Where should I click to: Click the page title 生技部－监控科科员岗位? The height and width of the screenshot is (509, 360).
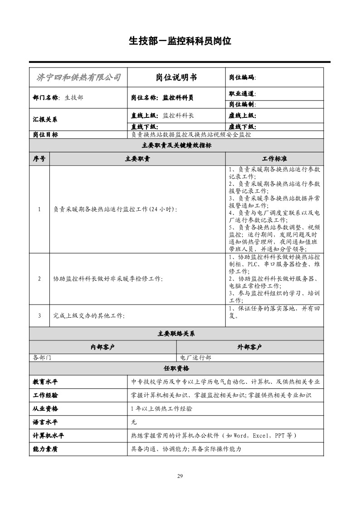(180, 41)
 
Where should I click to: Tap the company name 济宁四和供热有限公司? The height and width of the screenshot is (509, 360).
(78, 78)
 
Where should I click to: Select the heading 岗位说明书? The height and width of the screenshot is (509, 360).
(176, 78)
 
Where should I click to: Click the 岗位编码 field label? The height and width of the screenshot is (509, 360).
(242, 78)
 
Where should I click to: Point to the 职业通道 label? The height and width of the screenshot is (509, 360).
(242, 94)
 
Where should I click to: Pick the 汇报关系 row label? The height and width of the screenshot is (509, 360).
(45, 120)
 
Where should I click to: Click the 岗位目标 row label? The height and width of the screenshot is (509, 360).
(45, 135)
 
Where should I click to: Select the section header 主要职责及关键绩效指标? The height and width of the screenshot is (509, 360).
(176, 145)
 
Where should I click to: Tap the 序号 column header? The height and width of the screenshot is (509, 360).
(39, 159)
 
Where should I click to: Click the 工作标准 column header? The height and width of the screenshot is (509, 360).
(274, 159)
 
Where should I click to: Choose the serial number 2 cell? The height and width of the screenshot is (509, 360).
(39, 279)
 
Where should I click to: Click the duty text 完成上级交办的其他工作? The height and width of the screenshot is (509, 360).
(89, 315)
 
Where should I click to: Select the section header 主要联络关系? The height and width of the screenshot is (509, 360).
(176, 334)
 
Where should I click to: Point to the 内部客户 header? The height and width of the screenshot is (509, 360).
(102, 347)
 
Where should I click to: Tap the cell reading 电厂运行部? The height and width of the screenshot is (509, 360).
(196, 358)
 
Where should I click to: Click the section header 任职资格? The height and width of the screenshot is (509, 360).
(176, 368)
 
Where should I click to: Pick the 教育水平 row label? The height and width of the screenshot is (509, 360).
(45, 382)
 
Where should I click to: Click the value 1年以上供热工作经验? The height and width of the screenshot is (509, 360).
(161, 409)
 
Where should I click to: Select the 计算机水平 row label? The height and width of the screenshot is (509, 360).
(49, 436)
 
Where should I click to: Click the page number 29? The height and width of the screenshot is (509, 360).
(180, 476)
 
